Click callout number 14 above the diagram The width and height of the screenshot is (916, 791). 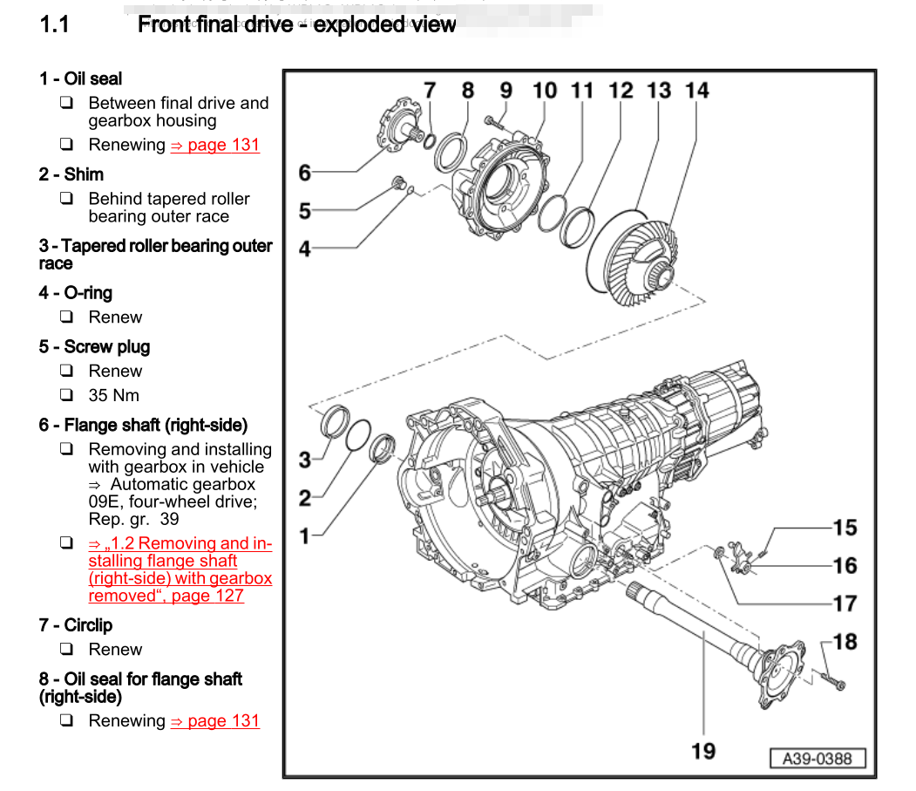pyautogui.click(x=697, y=91)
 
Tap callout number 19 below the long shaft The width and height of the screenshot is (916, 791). pyautogui.click(x=703, y=750)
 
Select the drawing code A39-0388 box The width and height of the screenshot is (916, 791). pyautogui.click(x=817, y=759)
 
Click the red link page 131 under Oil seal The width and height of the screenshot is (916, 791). pyautogui.click(x=215, y=145)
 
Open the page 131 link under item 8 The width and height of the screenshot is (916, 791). pyautogui.click(x=215, y=721)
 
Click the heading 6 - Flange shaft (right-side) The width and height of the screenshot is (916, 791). pyautogui.click(x=143, y=426)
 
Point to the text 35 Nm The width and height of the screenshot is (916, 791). pyautogui.click(x=113, y=395)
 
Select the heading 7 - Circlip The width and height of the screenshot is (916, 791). pyautogui.click(x=75, y=625)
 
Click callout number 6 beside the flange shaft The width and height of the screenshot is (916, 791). pyautogui.click(x=304, y=173)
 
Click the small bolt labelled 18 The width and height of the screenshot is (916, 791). pyautogui.click(x=832, y=681)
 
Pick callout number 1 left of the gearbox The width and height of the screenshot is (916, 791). pyautogui.click(x=304, y=535)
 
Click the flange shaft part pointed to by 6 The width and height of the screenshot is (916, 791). pyautogui.click(x=400, y=122)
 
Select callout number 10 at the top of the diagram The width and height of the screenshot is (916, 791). pyautogui.click(x=545, y=91)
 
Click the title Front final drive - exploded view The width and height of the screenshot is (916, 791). pyautogui.click(x=296, y=24)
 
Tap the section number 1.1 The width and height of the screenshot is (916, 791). pyautogui.click(x=54, y=24)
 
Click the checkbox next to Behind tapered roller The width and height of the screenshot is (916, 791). pyautogui.click(x=66, y=199)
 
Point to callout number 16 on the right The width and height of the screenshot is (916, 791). pyautogui.click(x=845, y=566)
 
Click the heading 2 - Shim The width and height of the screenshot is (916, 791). pyautogui.click(x=71, y=174)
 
